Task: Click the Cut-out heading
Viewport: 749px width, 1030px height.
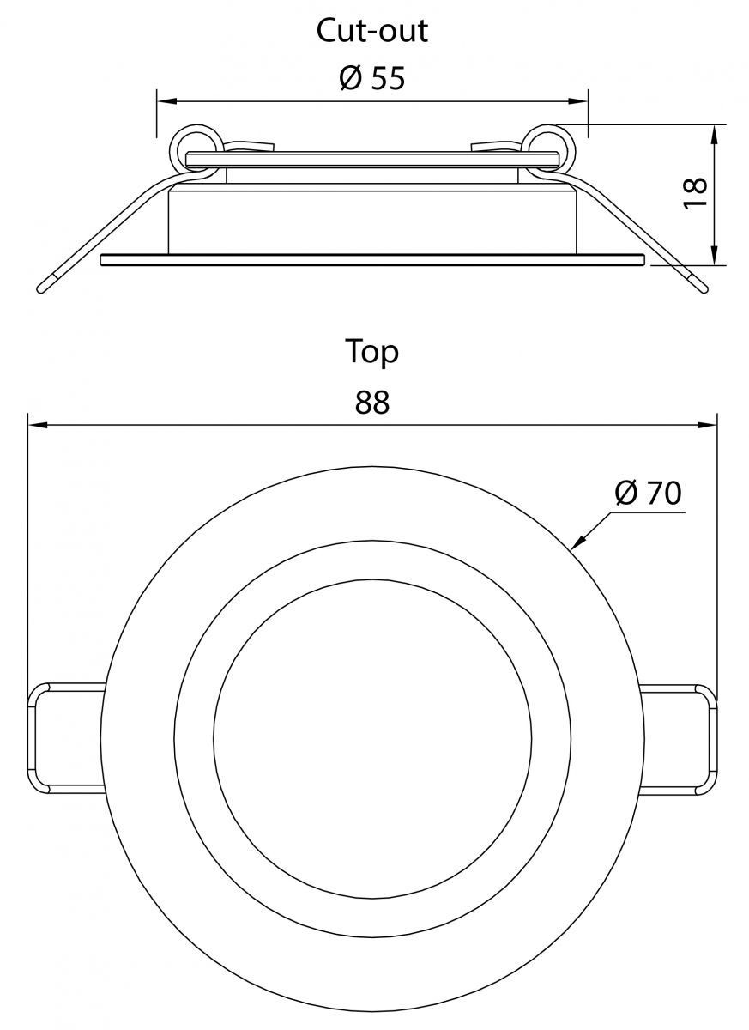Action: (x=372, y=31)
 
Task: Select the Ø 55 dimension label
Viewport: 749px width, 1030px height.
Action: (x=372, y=78)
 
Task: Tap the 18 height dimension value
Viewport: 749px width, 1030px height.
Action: (x=694, y=194)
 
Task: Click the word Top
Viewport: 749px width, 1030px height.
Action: (x=371, y=353)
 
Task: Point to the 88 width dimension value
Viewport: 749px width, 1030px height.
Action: (x=372, y=402)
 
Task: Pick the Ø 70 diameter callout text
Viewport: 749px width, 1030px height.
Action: (x=649, y=493)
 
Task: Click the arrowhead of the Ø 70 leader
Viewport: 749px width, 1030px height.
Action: (x=577, y=542)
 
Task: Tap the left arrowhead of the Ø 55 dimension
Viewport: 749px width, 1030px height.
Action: (x=166, y=101)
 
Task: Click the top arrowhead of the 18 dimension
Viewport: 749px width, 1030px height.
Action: (x=714, y=134)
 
